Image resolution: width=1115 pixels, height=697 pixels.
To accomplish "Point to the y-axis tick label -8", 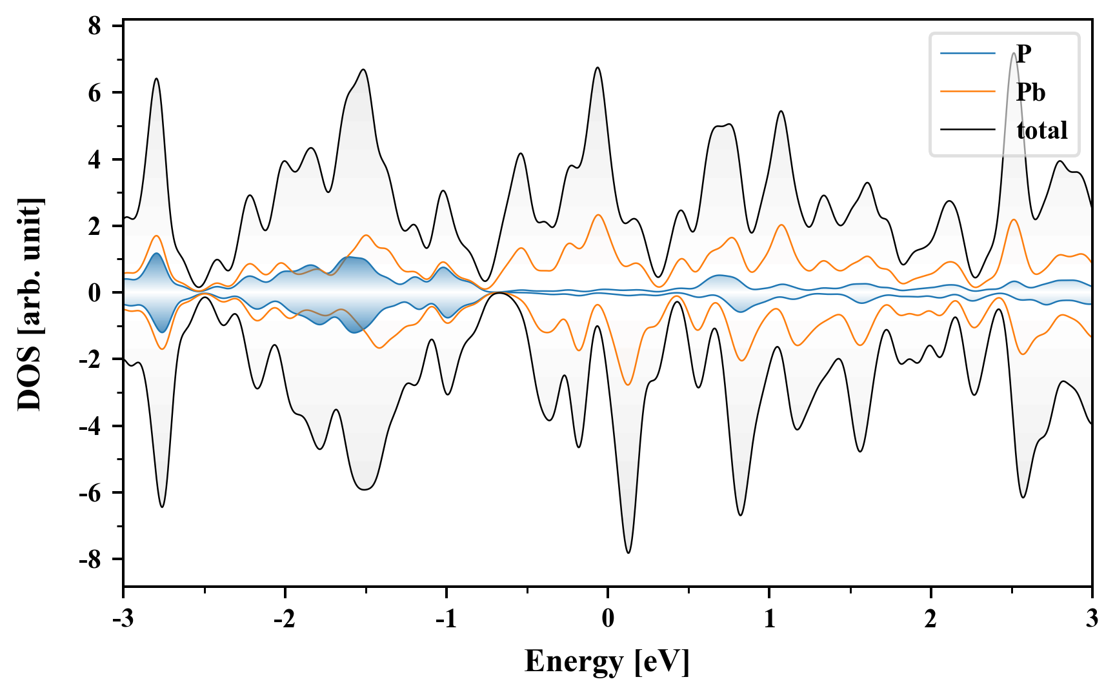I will tap(90, 560).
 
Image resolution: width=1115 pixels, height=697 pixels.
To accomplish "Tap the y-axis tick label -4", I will tap(90, 426).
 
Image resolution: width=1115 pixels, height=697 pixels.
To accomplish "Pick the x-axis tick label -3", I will tap(123, 619).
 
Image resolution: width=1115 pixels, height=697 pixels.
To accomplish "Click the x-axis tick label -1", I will tap(446, 619).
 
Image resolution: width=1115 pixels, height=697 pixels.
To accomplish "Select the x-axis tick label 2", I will tap(930, 619).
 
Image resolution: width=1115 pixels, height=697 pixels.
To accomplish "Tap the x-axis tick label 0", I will tap(608, 619).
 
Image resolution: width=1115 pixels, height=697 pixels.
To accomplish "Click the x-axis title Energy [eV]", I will tap(607, 662).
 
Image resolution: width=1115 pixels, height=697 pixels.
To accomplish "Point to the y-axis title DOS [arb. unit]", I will tap(30, 305).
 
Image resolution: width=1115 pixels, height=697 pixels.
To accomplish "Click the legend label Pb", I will tap(1030, 92).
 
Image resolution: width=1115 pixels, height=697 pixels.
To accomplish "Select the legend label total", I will tap(1042, 130).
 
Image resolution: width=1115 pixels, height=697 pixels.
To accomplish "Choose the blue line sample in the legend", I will tap(968, 54).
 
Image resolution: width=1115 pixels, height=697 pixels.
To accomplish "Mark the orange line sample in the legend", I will tap(968, 92).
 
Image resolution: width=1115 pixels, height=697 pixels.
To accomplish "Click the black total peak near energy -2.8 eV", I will tap(156, 79).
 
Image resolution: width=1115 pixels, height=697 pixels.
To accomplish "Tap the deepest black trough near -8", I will tap(628, 552).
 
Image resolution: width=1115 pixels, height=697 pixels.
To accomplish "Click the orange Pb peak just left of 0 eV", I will tap(598, 215).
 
